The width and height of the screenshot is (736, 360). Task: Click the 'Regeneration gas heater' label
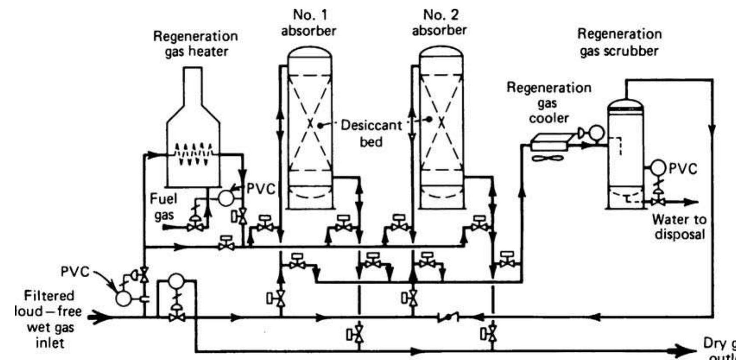pos(195,44)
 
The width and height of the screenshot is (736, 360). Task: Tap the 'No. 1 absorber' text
pos(309,23)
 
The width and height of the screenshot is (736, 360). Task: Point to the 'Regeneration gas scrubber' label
pos(620,42)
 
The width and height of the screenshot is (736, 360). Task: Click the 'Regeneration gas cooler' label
pos(548,103)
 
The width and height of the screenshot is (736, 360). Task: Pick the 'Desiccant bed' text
pos(371,133)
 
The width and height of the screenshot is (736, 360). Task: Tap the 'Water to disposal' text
pos(679,227)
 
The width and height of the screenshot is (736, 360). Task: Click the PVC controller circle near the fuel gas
pos(226,197)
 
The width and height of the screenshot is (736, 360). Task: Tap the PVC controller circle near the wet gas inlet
pos(123,297)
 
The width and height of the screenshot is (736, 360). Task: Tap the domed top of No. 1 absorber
pos(310,54)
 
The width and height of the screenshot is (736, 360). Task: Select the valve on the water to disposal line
pos(657,202)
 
